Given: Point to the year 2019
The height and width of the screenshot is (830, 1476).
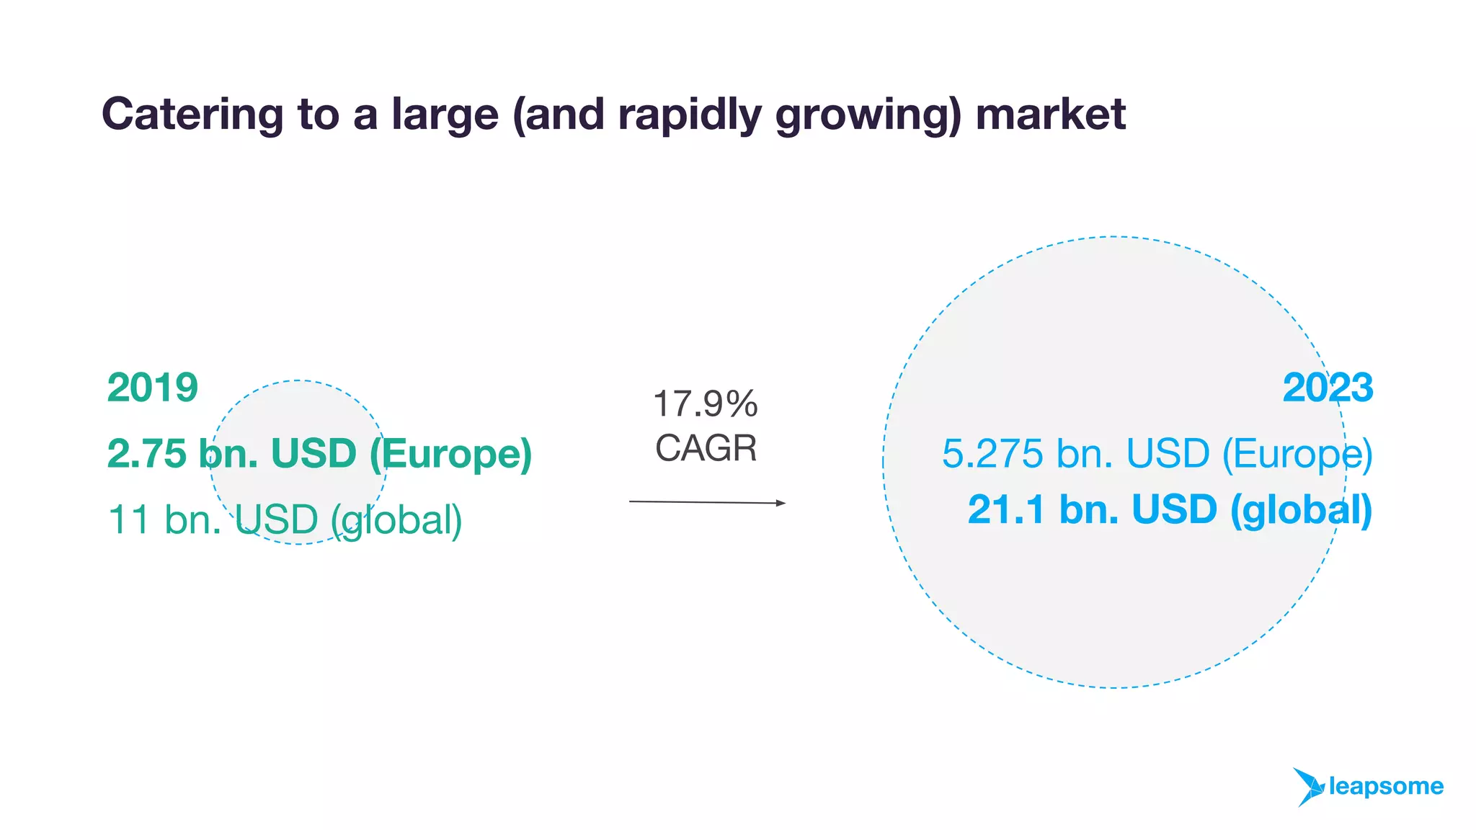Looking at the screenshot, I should pyautogui.click(x=153, y=388).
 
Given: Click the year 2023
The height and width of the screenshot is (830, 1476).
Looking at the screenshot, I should pyautogui.click(x=1328, y=388).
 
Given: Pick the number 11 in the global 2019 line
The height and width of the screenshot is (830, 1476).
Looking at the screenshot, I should pyautogui.click(x=129, y=519).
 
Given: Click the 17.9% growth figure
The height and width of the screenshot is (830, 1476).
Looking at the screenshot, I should pyautogui.click(x=705, y=403).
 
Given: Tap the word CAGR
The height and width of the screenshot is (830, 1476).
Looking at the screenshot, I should pyautogui.click(x=706, y=448).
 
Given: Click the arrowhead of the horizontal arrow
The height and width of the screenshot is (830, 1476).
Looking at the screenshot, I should pyautogui.click(x=781, y=503).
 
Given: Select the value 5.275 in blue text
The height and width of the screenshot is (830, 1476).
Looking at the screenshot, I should pyautogui.click(x=992, y=454).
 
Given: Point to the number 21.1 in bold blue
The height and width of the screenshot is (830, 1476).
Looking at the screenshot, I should pyautogui.click(x=1006, y=509).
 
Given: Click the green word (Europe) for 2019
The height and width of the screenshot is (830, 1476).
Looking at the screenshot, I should pyautogui.click(x=451, y=455).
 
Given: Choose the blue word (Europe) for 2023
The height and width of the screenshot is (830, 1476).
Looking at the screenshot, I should pyautogui.click(x=1297, y=455).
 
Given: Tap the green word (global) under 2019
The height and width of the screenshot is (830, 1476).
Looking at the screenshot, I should pyautogui.click(x=396, y=520).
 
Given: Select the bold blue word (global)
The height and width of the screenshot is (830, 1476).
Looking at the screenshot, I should pyautogui.click(x=1301, y=510).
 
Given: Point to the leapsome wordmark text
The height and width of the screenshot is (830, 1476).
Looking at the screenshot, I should pyautogui.click(x=1386, y=786).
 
